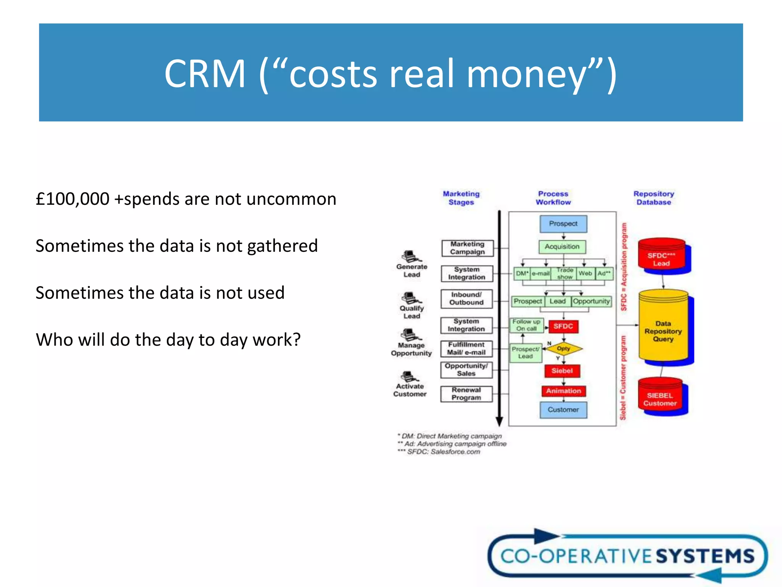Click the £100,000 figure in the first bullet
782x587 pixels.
pos(73,199)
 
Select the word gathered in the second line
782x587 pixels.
pos(282,246)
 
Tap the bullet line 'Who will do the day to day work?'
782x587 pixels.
pos(168,340)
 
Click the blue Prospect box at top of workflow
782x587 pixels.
pos(563,224)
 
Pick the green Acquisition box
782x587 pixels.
pos(562,247)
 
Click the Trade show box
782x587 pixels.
pos(564,273)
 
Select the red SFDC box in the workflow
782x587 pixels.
pos(563,326)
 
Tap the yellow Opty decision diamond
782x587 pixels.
pos(564,349)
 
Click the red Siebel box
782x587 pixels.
pos(562,371)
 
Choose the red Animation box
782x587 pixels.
pos(563,391)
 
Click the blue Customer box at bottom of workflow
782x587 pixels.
pos(563,410)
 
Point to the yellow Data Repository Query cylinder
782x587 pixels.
pos(663,331)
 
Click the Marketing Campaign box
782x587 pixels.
pos(467,248)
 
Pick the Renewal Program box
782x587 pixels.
pos(466,394)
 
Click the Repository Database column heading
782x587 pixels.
pos(654,198)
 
